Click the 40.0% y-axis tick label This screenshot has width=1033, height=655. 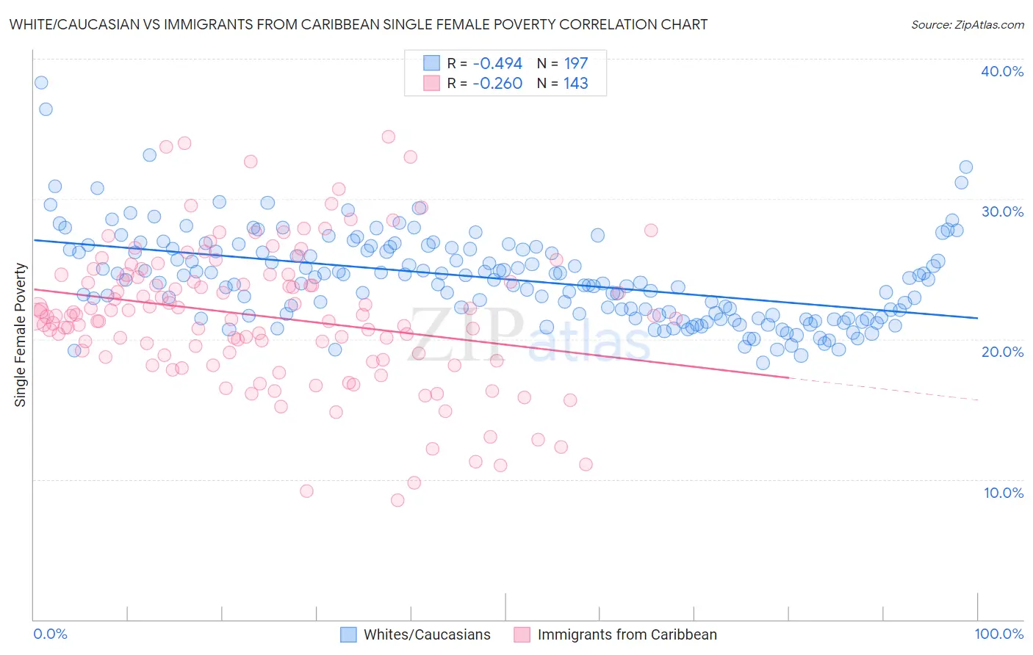tap(1002, 71)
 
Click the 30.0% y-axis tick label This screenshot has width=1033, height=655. tap(1002, 211)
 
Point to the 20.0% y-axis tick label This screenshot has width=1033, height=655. tap(1002, 352)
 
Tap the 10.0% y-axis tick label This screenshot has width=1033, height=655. tap(1004, 493)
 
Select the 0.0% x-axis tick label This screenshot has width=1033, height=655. tap(51, 634)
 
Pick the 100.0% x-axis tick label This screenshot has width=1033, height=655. tap(999, 634)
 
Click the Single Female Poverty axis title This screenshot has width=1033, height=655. tap(21, 335)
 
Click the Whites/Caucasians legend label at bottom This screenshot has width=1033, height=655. tap(427, 634)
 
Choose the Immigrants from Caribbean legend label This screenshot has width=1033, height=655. tap(627, 634)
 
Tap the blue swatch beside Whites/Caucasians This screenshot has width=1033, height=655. tap(348, 634)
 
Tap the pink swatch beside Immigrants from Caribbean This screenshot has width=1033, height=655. tap(522, 634)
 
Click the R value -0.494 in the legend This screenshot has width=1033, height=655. tap(497, 64)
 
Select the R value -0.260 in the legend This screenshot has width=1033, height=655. tap(497, 84)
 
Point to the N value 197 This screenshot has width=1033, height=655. tap(576, 64)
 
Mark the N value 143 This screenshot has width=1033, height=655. tap(576, 84)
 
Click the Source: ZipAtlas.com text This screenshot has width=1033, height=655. tap(968, 25)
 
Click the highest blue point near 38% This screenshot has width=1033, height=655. tap(41, 83)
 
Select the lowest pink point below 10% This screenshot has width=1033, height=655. tap(397, 500)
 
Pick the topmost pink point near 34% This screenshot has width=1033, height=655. tap(389, 137)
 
